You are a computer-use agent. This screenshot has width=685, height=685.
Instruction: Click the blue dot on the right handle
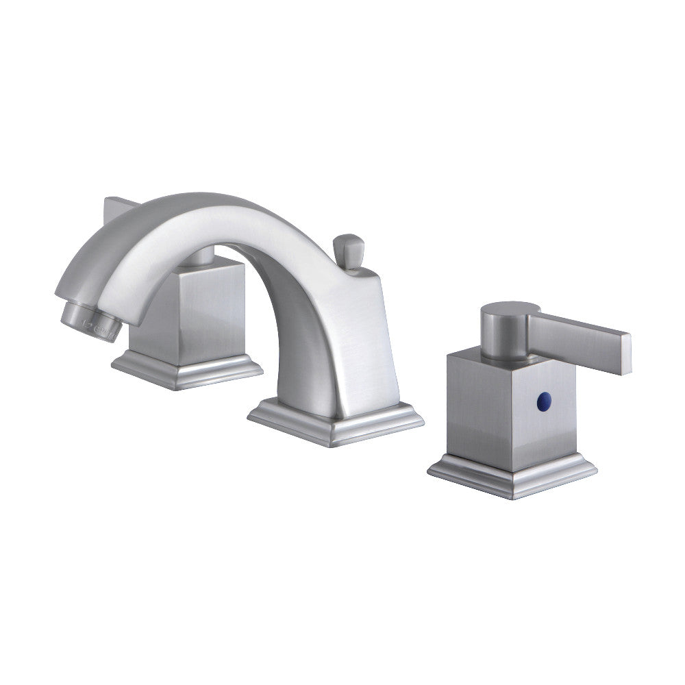(545, 397)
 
